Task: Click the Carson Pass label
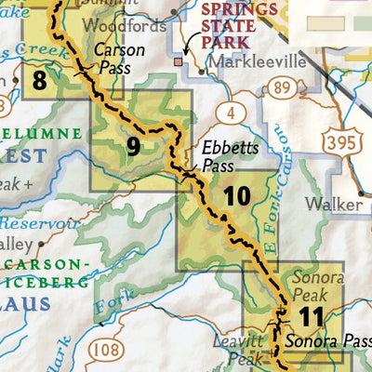(120, 56)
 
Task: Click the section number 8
(39, 81)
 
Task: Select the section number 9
(134, 145)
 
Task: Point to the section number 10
(237, 195)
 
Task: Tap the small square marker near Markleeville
(179, 61)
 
